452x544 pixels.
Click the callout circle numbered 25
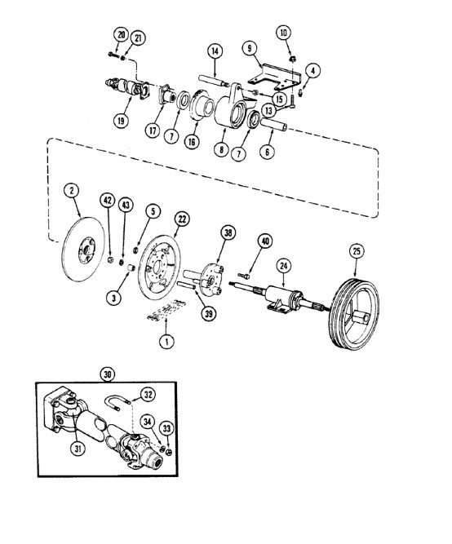tap(357, 251)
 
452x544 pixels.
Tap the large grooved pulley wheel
tap(353, 314)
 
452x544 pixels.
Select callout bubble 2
tap(72, 191)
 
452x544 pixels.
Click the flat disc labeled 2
tap(83, 249)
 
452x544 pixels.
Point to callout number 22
tap(182, 219)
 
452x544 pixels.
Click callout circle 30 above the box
tap(108, 374)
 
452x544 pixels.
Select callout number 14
tap(215, 51)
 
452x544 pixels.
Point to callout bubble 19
tap(121, 121)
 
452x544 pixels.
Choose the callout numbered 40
tap(265, 241)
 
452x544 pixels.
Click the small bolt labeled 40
tap(244, 276)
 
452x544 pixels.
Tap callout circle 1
tap(166, 342)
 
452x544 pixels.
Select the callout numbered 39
tap(208, 314)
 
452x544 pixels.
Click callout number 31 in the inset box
tap(78, 449)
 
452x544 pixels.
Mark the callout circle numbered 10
tap(284, 33)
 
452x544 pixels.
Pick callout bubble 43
tap(126, 205)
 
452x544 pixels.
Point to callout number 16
tap(192, 141)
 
